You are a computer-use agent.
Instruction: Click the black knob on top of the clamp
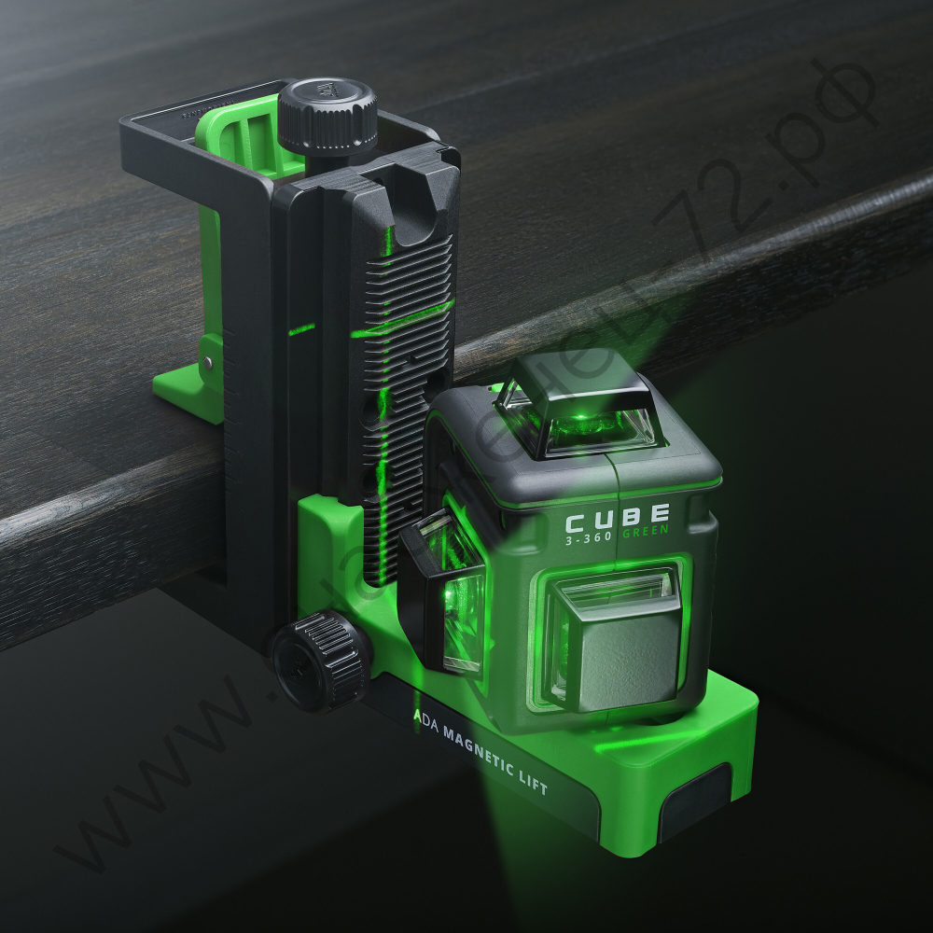click(x=327, y=115)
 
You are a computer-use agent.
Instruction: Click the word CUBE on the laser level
click(x=617, y=516)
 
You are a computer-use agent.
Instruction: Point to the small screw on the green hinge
click(x=207, y=363)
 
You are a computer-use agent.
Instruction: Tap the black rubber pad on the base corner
click(x=695, y=802)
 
